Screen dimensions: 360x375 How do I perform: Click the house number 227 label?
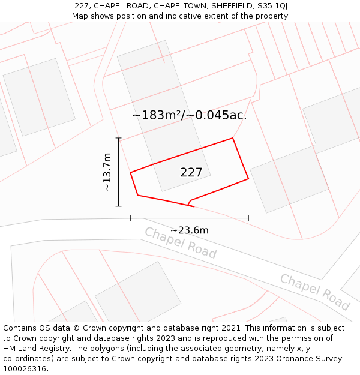(191, 173)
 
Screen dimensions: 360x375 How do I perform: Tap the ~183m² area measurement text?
(157, 115)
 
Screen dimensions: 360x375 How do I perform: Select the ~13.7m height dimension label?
(107, 172)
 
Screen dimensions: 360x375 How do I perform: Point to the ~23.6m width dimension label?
(190, 230)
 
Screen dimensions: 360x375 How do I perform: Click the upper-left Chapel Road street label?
(180, 242)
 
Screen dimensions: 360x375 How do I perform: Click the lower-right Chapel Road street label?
(315, 292)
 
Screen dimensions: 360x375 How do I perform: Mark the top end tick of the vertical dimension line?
(119, 138)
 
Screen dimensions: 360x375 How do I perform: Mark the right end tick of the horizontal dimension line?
(248, 218)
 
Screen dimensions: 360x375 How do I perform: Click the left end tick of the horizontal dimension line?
(130, 218)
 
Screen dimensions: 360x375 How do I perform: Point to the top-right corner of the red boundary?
(233, 138)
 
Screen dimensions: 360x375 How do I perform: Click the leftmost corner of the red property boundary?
(130, 173)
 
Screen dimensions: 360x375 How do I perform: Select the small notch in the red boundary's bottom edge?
(190, 202)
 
